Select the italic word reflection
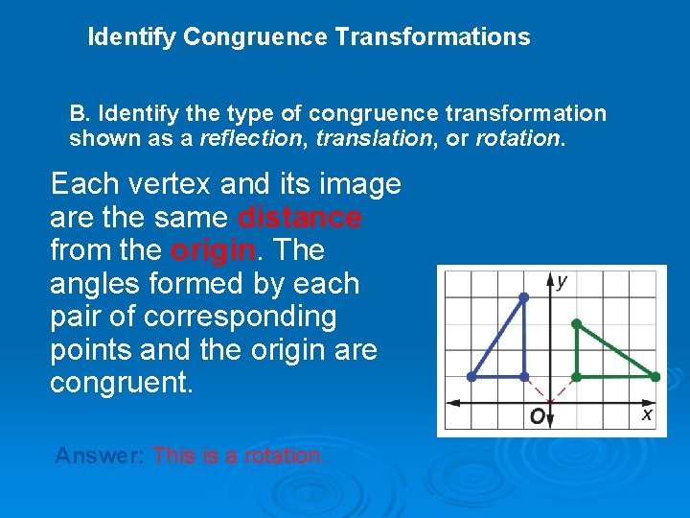pos(249,138)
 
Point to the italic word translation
pos(372,138)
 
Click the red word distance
pos(300,218)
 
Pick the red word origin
pos(213,250)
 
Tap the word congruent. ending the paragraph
pos(122,384)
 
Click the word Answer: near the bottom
pos(101,456)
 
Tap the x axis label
pos(646,414)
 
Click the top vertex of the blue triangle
pos(523,298)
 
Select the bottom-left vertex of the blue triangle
pos(471,377)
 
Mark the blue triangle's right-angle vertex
pos(523,377)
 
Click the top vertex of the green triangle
pos(575,324)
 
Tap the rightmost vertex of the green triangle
pos(655,377)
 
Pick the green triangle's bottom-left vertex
pos(575,377)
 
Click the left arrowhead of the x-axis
pos(451,402)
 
